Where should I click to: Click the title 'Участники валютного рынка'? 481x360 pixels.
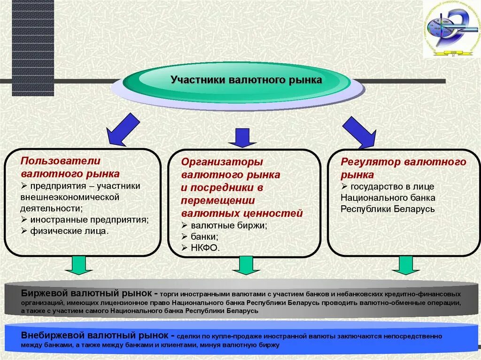pos(246,80)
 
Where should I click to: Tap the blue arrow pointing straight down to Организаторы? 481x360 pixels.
pos(242,138)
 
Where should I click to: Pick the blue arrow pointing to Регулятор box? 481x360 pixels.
pos(359,132)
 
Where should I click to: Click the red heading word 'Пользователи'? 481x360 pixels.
pos(61,161)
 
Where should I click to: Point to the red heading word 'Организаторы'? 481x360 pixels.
pos(222,162)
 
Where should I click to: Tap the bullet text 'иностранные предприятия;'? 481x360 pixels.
pos(89,219)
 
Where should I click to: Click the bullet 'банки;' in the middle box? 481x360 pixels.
pos(204,237)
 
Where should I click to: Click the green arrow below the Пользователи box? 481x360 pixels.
pos(78,265)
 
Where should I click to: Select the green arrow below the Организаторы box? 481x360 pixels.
pos(246,266)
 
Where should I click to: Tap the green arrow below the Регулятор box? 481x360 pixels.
pos(405,265)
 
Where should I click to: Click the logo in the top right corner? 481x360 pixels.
pos(450,29)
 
